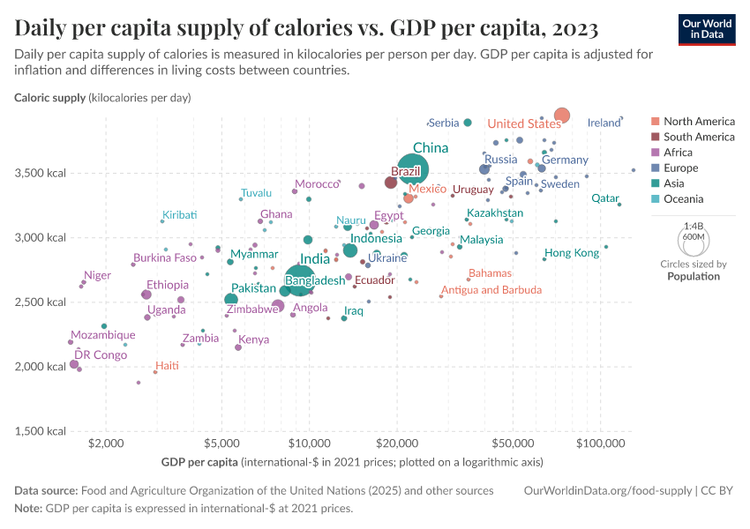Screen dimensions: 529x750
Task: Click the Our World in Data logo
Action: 708,29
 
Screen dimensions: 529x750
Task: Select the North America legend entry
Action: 698,121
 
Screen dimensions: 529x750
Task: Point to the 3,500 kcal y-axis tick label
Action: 41,173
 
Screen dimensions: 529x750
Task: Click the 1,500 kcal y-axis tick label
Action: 41,431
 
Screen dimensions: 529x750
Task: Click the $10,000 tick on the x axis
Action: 309,443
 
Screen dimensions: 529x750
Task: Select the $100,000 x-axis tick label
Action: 600,443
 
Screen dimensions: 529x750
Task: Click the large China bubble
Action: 413,168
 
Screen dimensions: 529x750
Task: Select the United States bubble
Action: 562,115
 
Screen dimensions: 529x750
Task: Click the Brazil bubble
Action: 391,183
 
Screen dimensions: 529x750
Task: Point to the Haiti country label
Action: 168,365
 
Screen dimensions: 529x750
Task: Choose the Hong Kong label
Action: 572,253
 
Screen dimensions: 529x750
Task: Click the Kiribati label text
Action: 179,214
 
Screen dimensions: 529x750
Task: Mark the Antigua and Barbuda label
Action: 495,290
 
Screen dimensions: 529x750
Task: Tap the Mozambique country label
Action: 103,335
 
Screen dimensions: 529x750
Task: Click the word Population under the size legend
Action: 693,276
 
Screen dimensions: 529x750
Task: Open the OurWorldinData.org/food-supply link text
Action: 608,490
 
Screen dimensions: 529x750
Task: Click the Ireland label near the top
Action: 604,123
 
